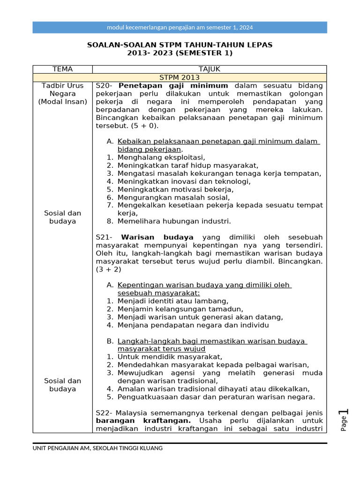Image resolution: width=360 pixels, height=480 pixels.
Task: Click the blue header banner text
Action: point(180,27)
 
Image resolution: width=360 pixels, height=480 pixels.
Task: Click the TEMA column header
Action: point(62,69)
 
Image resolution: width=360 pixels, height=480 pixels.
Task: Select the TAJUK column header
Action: point(209,69)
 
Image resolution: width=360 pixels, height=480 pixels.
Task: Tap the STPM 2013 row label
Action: point(180,77)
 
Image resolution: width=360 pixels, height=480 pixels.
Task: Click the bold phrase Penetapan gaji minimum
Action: point(173,86)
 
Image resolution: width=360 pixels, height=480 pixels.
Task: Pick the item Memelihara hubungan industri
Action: point(174,221)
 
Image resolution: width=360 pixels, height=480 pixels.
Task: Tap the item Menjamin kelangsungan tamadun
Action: point(180,309)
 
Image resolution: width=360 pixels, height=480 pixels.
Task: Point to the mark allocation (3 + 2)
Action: point(108,269)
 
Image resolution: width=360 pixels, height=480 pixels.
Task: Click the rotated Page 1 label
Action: point(345,420)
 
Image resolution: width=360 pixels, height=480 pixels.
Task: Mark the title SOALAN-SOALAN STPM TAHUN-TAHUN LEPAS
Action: point(180,45)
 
